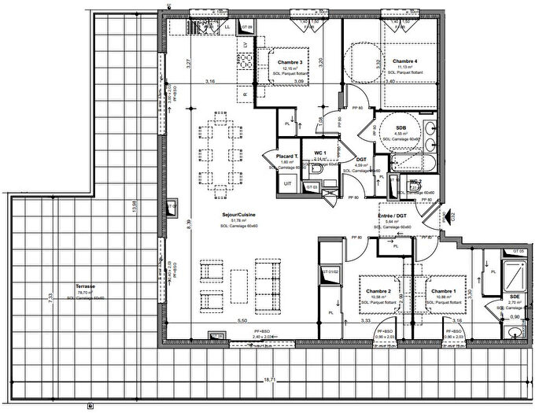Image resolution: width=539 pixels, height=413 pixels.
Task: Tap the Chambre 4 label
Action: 404,61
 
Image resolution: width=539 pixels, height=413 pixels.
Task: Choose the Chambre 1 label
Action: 445,291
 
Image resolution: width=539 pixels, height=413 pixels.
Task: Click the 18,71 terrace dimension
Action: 270,380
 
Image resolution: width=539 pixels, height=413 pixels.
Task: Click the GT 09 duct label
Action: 246,28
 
